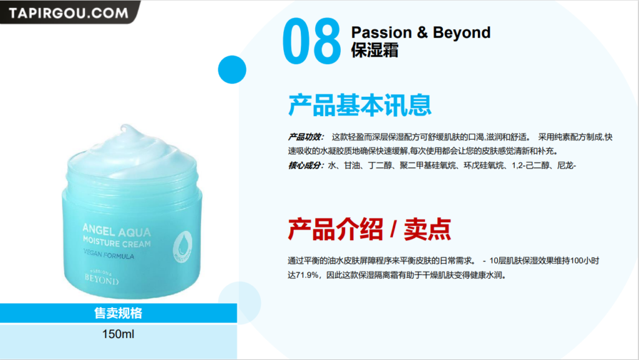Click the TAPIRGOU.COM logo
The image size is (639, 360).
coord(69,12)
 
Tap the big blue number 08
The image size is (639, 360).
coord(312,41)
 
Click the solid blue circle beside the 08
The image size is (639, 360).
coord(232,70)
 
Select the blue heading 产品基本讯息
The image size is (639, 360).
coord(360,105)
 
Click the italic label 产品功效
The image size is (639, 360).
coord(305,137)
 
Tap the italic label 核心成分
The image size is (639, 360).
coord(305,165)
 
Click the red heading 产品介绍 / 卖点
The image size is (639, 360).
coord(369,229)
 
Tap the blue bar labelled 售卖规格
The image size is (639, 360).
coord(118,313)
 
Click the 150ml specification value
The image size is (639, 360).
coord(118,334)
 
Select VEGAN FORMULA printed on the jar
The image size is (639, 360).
coord(109,254)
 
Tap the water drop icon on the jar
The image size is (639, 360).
coord(183,246)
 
